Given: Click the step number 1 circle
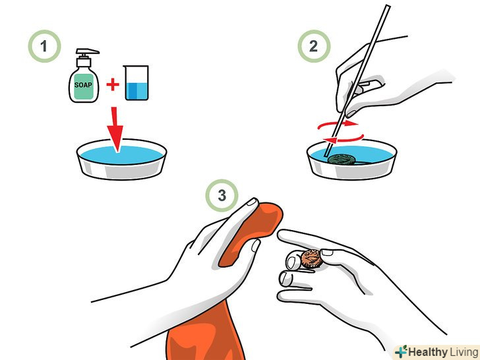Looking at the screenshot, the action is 44,46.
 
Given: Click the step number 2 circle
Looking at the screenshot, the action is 314,46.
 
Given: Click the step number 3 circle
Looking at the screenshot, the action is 222,195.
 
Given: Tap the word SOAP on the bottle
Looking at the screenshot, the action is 83,85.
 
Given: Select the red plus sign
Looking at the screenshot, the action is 113,84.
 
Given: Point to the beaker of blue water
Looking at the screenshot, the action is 136,82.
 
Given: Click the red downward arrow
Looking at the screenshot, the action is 116,129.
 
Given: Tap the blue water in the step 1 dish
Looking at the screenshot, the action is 121,154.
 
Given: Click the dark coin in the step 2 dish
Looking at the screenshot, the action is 342,159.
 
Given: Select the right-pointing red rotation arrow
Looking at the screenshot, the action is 338,125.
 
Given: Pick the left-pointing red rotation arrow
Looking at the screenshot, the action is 344,139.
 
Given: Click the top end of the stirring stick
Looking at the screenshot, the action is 388,6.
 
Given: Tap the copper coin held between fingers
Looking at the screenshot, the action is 311,259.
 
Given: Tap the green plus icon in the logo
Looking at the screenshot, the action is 401,351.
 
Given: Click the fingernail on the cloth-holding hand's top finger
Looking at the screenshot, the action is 253,202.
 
